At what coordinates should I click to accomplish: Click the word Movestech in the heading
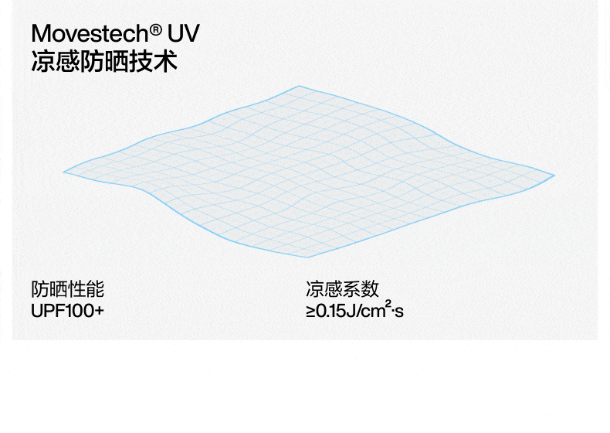click(x=89, y=35)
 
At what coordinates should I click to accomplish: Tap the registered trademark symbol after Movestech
click(x=156, y=30)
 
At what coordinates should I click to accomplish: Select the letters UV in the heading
click(x=184, y=35)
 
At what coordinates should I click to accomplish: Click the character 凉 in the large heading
click(x=42, y=61)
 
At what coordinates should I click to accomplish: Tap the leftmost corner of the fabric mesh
click(x=64, y=172)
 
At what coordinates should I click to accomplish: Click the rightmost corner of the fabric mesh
click(x=554, y=175)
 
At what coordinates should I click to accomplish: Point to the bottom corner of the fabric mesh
click(x=307, y=257)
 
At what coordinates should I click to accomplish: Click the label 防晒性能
click(x=67, y=290)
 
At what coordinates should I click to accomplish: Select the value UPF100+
click(x=67, y=312)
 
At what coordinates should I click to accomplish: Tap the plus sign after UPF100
click(x=99, y=312)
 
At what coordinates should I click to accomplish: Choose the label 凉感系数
click(x=342, y=290)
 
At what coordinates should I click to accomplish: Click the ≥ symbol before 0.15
click(x=310, y=313)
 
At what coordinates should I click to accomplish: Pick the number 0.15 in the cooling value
click(x=331, y=313)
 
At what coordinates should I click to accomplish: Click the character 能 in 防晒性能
click(x=95, y=290)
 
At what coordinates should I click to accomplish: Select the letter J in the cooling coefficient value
click(x=351, y=313)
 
